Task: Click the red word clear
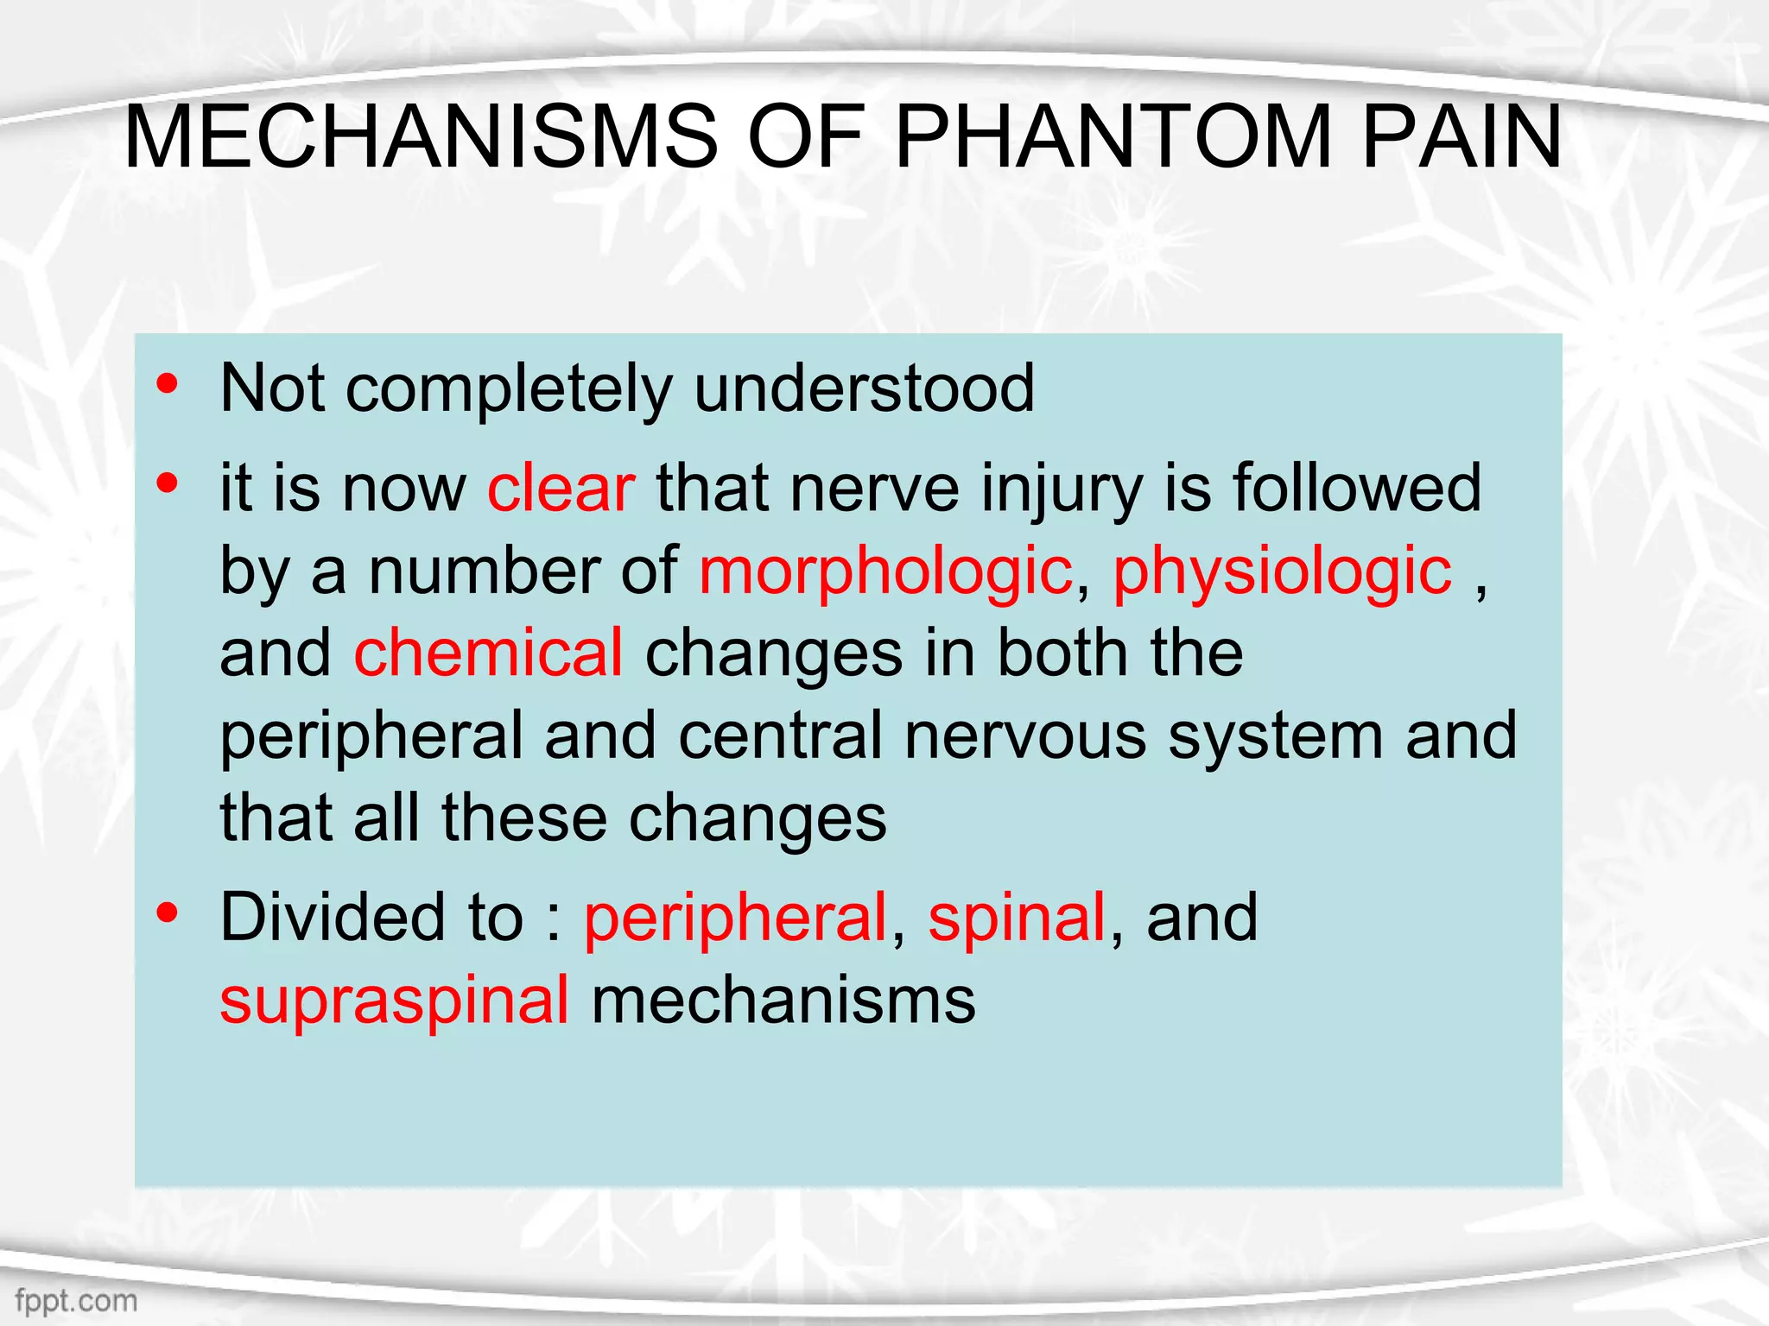(x=561, y=489)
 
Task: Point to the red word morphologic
(x=885, y=571)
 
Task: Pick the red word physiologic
(x=1283, y=571)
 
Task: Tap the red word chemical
(x=488, y=653)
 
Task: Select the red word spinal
(x=1017, y=917)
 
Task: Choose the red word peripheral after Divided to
(x=736, y=917)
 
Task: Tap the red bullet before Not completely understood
(x=168, y=383)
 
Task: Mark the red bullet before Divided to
(x=168, y=912)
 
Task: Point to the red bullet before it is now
(x=168, y=483)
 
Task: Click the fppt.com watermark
(x=76, y=1300)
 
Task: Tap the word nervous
(x=1025, y=736)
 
